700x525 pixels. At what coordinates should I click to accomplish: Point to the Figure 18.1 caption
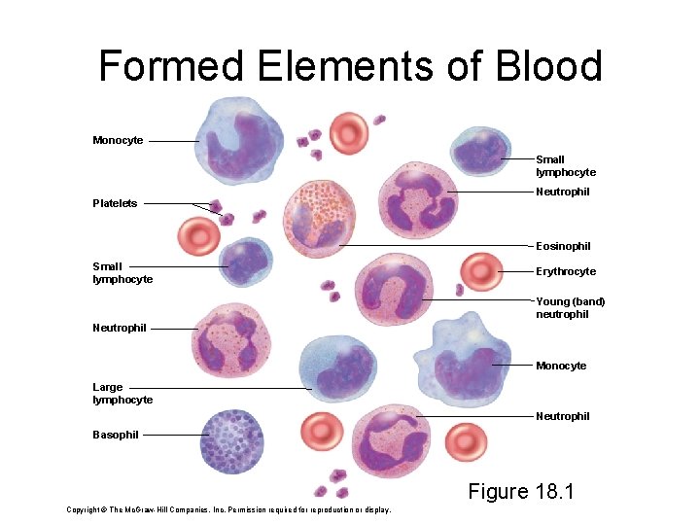[521, 491]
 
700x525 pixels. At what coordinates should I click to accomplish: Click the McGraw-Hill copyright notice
[228, 509]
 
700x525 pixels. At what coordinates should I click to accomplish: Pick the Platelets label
[115, 203]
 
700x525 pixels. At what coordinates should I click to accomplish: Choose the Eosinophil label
[563, 246]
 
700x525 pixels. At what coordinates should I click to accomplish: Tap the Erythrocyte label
[566, 271]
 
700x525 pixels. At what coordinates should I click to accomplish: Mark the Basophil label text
[116, 435]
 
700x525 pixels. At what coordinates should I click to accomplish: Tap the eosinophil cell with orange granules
[318, 217]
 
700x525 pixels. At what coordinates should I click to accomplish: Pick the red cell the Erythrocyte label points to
[480, 272]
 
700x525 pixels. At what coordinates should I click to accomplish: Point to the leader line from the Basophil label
[173, 435]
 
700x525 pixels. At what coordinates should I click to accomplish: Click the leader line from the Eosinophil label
[437, 246]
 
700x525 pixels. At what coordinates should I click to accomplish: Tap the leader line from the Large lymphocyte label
[219, 389]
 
